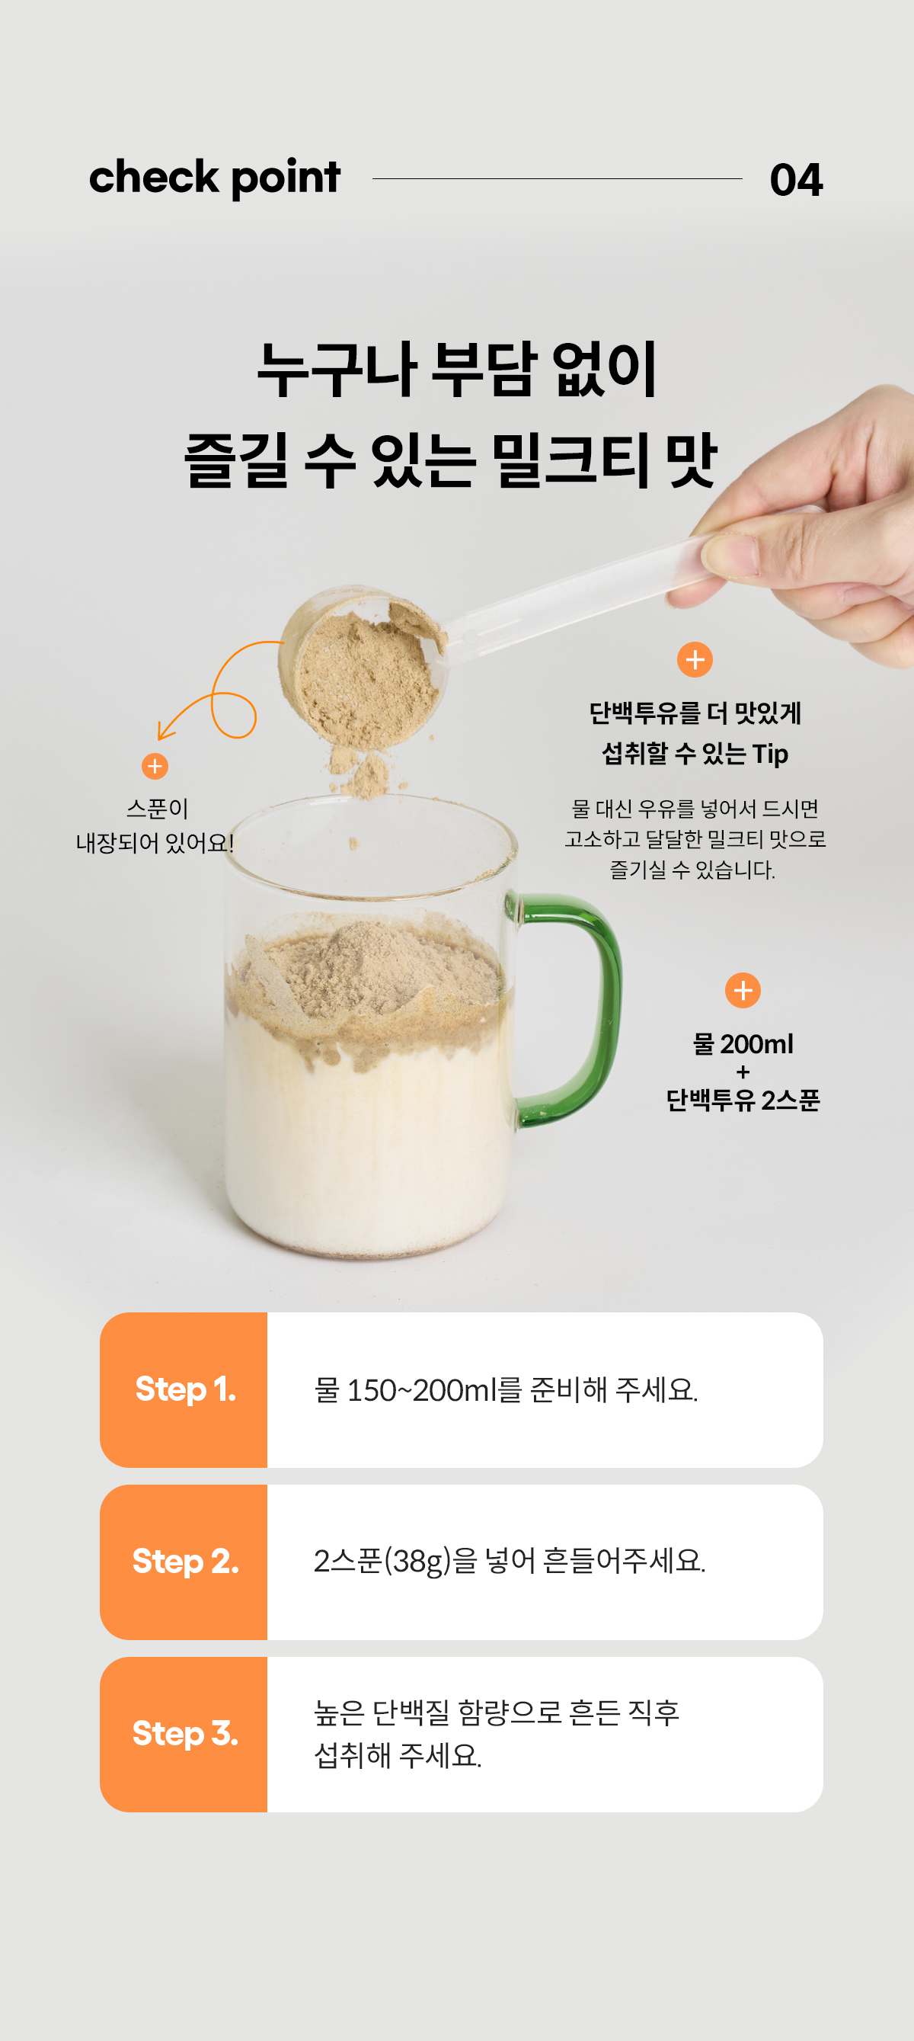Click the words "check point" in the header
(x=215, y=178)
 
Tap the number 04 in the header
(x=796, y=180)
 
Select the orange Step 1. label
(x=184, y=1389)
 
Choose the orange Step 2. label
(x=184, y=1562)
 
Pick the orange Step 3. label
(x=184, y=1734)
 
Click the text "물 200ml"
(x=743, y=1044)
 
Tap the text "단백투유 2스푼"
(x=743, y=1100)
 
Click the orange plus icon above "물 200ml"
(x=743, y=990)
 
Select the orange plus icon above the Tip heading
(x=695, y=659)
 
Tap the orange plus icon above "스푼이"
(x=155, y=766)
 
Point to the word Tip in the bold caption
(x=770, y=754)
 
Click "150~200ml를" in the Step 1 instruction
(x=434, y=1389)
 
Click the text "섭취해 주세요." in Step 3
(x=398, y=1756)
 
